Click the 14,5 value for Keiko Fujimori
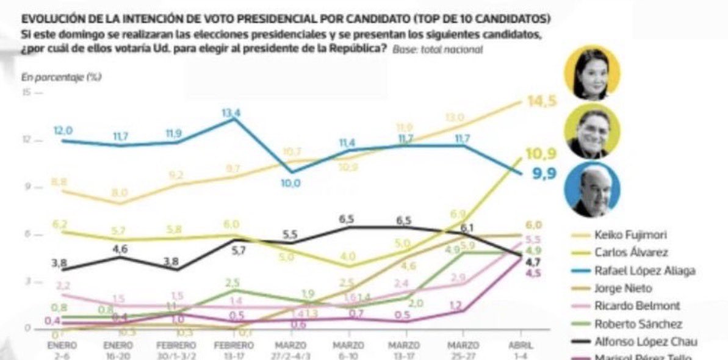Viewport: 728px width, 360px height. point(542,102)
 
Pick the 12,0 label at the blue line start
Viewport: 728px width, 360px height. point(63,131)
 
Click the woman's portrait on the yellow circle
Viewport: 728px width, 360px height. point(591,73)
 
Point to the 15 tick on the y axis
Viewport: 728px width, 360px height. point(26,93)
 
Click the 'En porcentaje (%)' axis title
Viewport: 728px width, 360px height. point(62,77)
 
